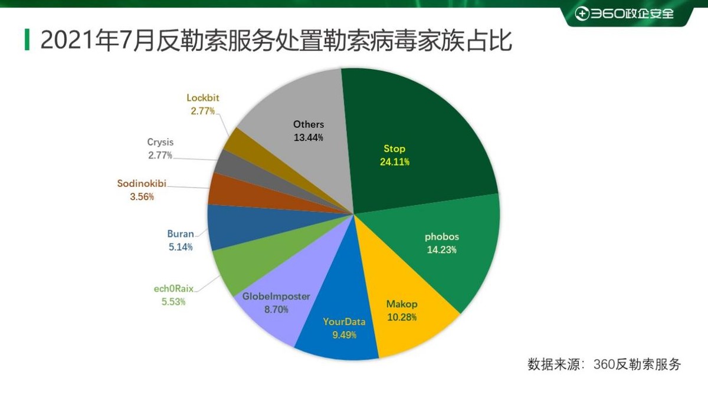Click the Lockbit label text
pos(203,98)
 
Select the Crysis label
pos(160,142)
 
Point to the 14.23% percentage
pos(441,249)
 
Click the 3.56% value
pos(142,196)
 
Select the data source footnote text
pos(604,364)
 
